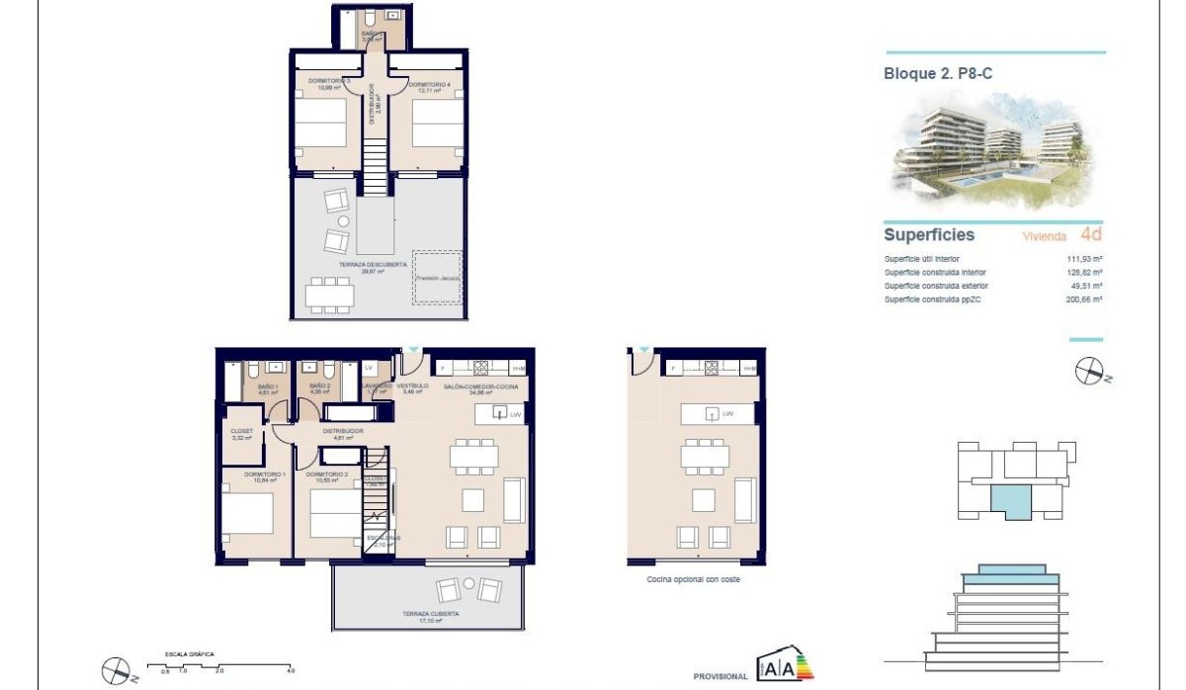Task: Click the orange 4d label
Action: (1091, 235)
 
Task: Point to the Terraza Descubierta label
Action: (346, 265)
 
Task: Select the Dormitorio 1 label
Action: (243, 476)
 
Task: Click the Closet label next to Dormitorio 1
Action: (242, 432)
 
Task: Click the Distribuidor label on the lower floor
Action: (343, 432)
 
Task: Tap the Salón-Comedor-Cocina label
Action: (480, 387)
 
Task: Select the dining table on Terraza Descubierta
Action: (329, 294)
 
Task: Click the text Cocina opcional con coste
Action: (693, 579)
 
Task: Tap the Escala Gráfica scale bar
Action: (219, 664)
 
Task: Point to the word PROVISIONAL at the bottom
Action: (720, 676)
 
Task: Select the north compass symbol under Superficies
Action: (1089, 371)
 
